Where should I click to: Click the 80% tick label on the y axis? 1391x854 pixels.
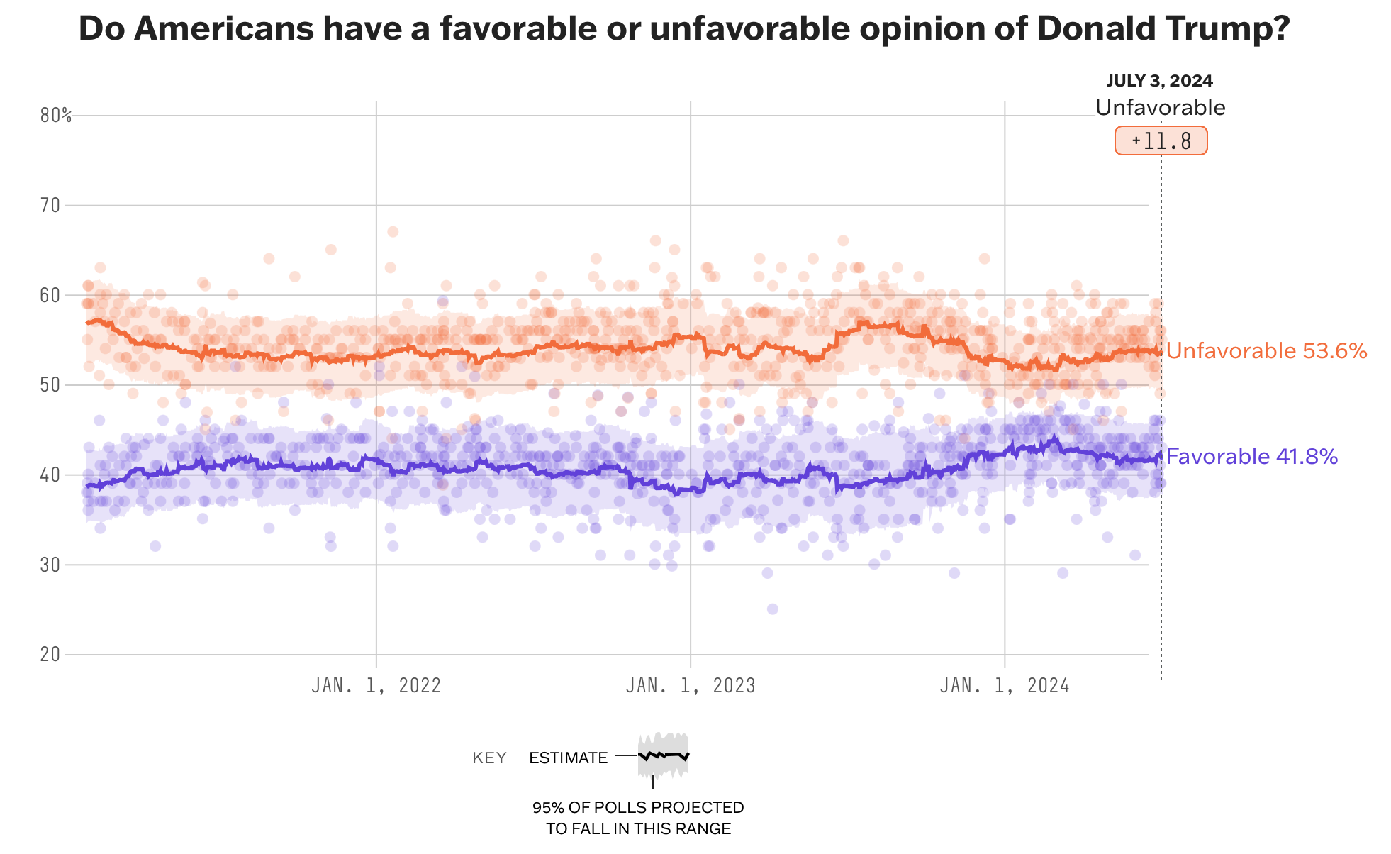click(x=55, y=116)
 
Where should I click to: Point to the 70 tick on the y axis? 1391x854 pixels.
click(x=50, y=206)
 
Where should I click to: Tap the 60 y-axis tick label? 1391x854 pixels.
click(x=50, y=295)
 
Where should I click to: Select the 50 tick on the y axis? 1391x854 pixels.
click(x=50, y=385)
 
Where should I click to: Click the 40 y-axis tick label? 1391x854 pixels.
click(x=50, y=475)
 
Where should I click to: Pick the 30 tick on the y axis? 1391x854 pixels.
click(x=50, y=565)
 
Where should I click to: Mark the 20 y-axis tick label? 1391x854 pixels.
click(x=50, y=654)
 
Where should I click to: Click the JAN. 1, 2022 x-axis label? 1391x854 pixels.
click(x=376, y=685)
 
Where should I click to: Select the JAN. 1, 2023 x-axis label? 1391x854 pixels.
click(x=691, y=685)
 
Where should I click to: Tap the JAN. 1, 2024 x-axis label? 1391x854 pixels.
click(x=1005, y=685)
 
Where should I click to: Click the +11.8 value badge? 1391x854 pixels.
click(x=1161, y=140)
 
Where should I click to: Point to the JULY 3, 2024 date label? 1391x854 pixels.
click(x=1159, y=81)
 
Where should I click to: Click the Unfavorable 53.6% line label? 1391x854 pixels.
click(x=1266, y=351)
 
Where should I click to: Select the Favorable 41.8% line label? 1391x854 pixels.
click(x=1252, y=456)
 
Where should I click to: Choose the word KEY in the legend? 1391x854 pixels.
click(x=489, y=758)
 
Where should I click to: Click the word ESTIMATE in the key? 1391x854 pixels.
click(x=568, y=758)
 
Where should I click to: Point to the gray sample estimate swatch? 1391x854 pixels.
click(x=663, y=755)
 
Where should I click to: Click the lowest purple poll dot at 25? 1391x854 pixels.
click(x=772, y=609)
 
